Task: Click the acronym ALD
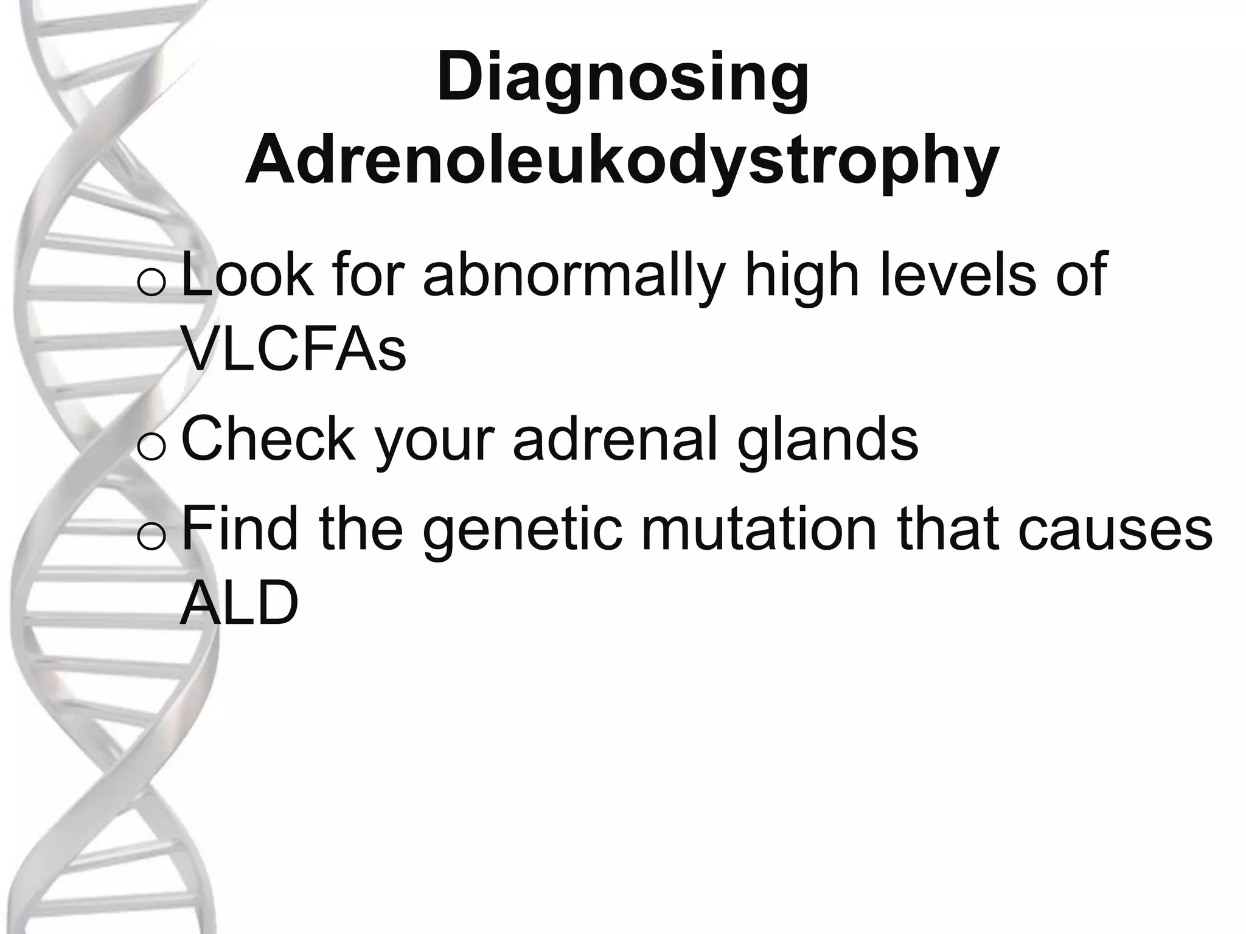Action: tap(239, 603)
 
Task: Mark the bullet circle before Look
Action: tap(151, 284)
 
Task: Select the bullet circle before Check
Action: tap(151, 448)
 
